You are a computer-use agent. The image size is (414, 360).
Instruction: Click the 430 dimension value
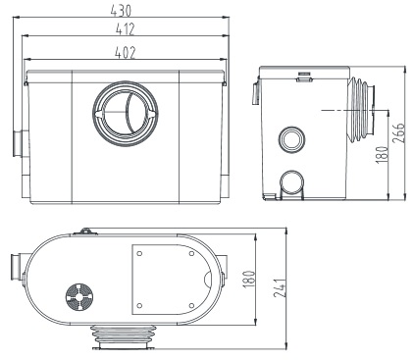tap(121, 11)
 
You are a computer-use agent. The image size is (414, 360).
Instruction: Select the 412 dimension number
tap(125, 29)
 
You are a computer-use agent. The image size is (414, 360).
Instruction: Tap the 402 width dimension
tap(125, 53)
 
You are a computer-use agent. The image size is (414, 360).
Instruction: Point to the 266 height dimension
tap(398, 132)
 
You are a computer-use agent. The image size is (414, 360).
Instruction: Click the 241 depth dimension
tap(280, 288)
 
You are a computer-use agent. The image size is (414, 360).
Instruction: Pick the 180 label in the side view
tap(382, 154)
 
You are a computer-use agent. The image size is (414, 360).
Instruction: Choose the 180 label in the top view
tap(249, 279)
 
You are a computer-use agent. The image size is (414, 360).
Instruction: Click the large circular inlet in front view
tap(126, 113)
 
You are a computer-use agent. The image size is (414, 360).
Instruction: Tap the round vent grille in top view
tap(79, 297)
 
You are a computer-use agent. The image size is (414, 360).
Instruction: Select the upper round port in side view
tap(292, 140)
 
